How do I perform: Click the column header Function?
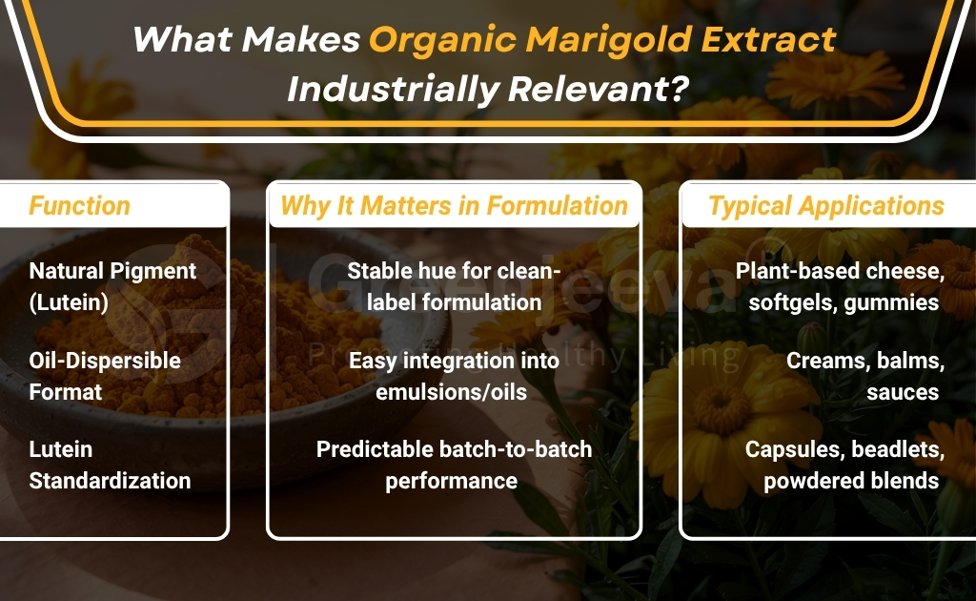click(x=79, y=205)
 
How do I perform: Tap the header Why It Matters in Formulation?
click(x=454, y=205)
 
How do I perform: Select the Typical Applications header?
click(x=825, y=205)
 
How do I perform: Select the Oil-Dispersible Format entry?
click(x=104, y=376)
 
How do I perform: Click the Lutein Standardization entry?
click(x=109, y=465)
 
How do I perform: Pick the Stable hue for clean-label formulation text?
click(x=454, y=286)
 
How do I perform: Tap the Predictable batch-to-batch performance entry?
click(x=454, y=465)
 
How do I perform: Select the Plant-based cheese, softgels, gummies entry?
click(x=839, y=286)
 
